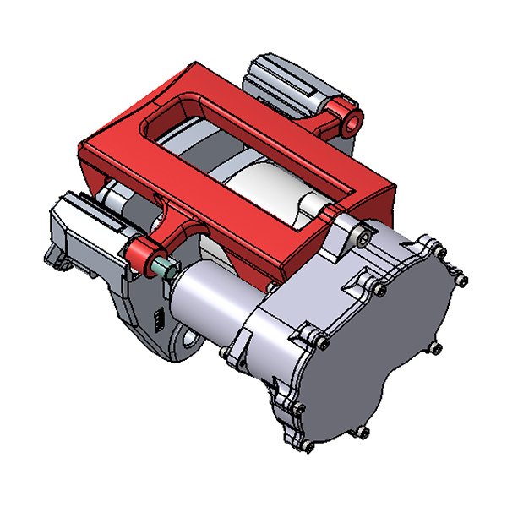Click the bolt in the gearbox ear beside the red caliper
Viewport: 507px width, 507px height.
(x=362, y=239)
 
